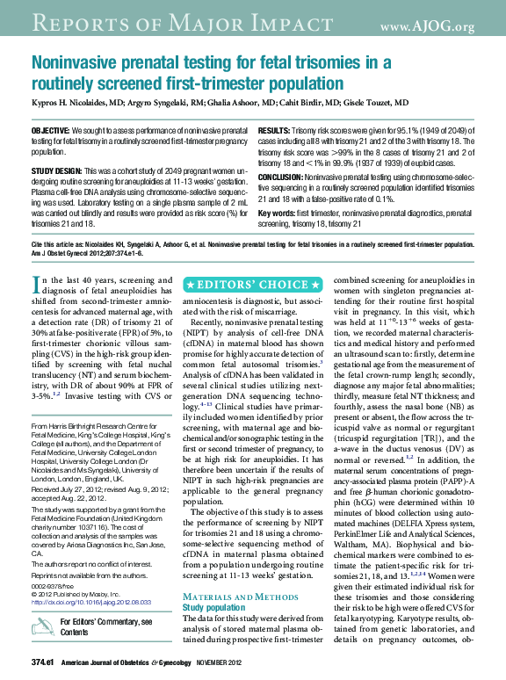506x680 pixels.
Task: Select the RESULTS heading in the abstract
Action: click(x=277, y=130)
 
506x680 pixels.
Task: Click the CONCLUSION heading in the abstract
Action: click(x=287, y=177)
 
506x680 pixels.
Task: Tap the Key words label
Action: click(x=276, y=213)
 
